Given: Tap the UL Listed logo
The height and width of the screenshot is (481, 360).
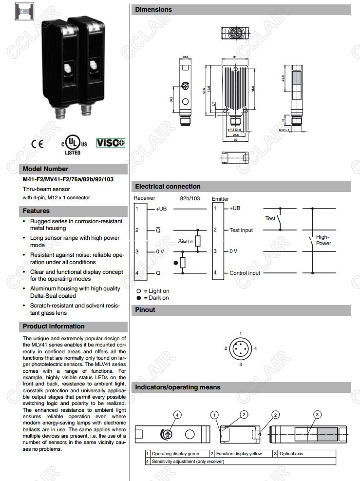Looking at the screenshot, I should click(x=74, y=144).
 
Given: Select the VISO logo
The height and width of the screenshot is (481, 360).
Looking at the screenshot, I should click(x=111, y=143).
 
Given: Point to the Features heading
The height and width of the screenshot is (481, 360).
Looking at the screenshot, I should click(x=37, y=211).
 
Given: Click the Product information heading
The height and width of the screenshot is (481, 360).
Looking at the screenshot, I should click(x=54, y=327).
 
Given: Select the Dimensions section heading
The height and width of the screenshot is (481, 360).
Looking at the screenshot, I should click(x=153, y=9).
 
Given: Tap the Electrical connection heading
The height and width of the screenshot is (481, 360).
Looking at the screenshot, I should click(x=168, y=186).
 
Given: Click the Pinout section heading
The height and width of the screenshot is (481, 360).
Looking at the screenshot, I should click(x=145, y=309).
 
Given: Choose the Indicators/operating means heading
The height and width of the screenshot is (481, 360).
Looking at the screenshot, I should click(x=177, y=387).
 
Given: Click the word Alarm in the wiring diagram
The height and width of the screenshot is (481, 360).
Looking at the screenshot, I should click(x=185, y=241).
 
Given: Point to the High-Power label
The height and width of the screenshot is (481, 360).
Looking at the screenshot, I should click(x=323, y=240).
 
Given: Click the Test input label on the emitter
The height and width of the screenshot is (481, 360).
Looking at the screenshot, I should click(x=241, y=230).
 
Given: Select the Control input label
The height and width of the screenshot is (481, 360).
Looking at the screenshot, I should click(x=245, y=273).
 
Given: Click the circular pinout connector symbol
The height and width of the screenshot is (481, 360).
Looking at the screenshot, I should click(x=241, y=348).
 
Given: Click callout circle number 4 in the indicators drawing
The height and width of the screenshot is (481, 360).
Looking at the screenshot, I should click(x=177, y=415).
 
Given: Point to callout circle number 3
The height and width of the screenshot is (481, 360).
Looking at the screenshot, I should click(x=317, y=415).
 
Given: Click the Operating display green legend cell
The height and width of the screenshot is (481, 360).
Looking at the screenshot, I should click(x=175, y=454).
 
